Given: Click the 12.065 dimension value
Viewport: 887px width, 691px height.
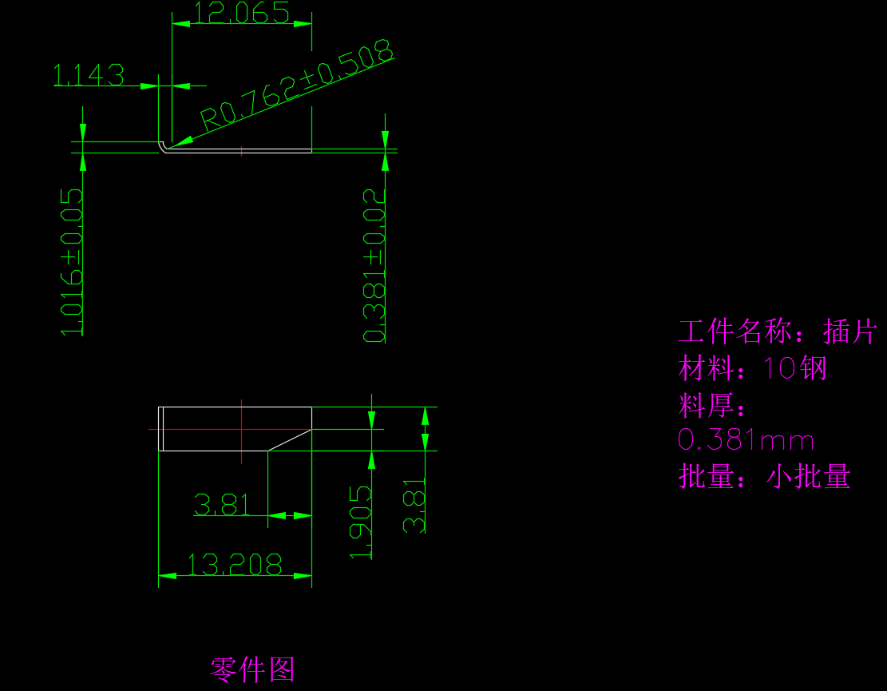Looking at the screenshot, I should coord(241,14).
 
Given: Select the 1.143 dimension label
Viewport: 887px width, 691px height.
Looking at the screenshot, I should coord(89,75).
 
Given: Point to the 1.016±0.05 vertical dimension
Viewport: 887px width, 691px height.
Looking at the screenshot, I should coord(72,262).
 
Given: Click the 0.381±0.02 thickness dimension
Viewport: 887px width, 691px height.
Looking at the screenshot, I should coord(374,264).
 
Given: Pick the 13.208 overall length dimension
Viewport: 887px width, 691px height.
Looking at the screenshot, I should coord(234,565).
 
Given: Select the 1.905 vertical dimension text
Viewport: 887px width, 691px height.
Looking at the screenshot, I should coord(362,522).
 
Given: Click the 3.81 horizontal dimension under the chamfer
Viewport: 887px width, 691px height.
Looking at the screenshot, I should coord(221,505).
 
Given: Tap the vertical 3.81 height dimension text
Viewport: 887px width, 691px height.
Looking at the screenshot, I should coord(414,506).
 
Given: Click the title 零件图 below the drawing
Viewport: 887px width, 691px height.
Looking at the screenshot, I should coord(252,669).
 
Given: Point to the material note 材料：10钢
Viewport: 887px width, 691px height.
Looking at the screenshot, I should coord(753,369).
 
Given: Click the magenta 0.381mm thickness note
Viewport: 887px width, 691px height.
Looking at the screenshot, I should coord(746,440).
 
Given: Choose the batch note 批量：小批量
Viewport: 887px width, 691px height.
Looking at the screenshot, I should coord(764,477).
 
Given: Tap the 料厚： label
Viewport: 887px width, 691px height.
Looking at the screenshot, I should coord(713,406).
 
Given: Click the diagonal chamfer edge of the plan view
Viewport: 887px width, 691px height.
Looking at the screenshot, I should coord(289,439).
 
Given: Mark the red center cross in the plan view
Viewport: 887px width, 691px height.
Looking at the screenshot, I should coord(241,429).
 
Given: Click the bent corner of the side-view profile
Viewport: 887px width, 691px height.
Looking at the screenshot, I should coord(163,146).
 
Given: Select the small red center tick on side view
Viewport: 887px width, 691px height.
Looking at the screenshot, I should coord(241,149).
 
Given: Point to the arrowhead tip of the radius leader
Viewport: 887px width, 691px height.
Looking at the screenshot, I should coord(170,145).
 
